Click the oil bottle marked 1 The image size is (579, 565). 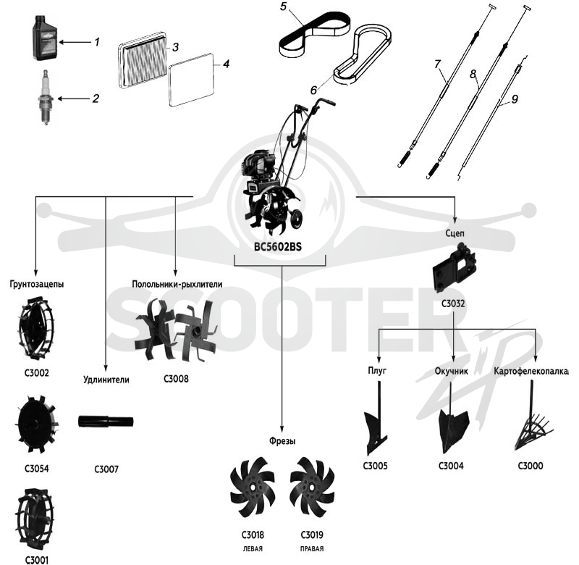click(44, 38)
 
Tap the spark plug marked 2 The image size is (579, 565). click(46, 98)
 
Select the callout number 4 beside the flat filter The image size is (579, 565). click(227, 64)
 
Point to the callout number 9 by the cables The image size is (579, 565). click(515, 99)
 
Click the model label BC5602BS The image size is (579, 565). click(278, 246)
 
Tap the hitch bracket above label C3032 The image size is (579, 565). click(454, 267)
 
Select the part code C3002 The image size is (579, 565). click(37, 373)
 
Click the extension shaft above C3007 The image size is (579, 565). click(106, 422)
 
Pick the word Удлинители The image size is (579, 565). click(106, 380)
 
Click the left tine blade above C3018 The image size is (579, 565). click(253, 487)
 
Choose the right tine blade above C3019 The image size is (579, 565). click(313, 487)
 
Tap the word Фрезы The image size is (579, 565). click(282, 441)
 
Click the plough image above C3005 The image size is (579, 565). click(376, 422)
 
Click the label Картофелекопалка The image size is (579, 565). click(531, 372)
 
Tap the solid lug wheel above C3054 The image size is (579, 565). click(37, 424)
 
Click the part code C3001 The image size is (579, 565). click(37, 560)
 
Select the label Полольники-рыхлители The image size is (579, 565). click(177, 284)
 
